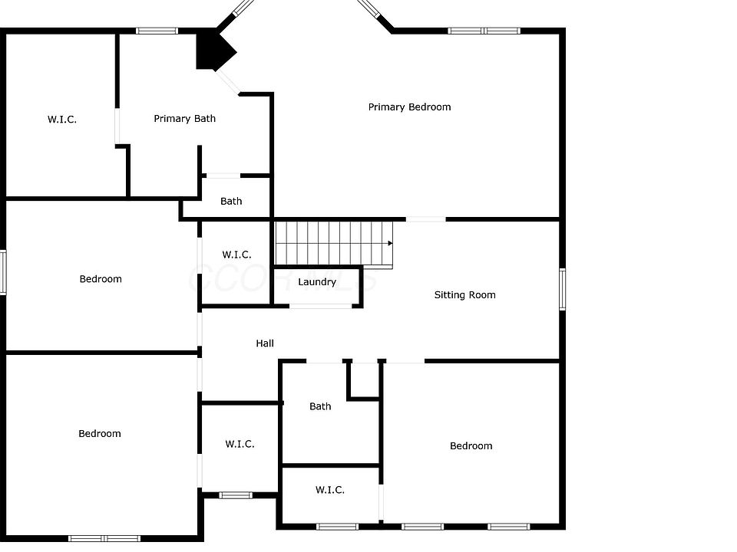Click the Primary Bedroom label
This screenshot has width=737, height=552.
click(409, 107)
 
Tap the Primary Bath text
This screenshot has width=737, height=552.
click(184, 119)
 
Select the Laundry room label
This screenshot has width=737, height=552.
click(317, 282)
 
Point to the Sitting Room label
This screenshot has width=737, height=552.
click(464, 295)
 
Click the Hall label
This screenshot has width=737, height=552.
click(265, 343)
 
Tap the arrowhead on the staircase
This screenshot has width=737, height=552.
click(390, 243)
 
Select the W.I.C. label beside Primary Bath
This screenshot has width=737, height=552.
click(62, 120)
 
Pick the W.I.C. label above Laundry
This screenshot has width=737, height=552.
click(236, 255)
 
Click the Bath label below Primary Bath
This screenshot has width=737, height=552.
click(231, 202)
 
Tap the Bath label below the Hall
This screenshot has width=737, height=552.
click(320, 406)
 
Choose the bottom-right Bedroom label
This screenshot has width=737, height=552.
click(471, 446)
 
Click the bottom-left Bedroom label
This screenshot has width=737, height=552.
click(100, 434)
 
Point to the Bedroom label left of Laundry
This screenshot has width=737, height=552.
click(101, 279)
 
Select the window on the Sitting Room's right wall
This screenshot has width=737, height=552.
click(562, 289)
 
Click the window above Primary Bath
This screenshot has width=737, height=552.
click(157, 31)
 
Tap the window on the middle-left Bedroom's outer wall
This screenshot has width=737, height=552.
click(3, 271)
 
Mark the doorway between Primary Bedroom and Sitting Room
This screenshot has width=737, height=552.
click(425, 219)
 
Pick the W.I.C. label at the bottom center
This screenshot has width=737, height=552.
click(329, 490)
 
